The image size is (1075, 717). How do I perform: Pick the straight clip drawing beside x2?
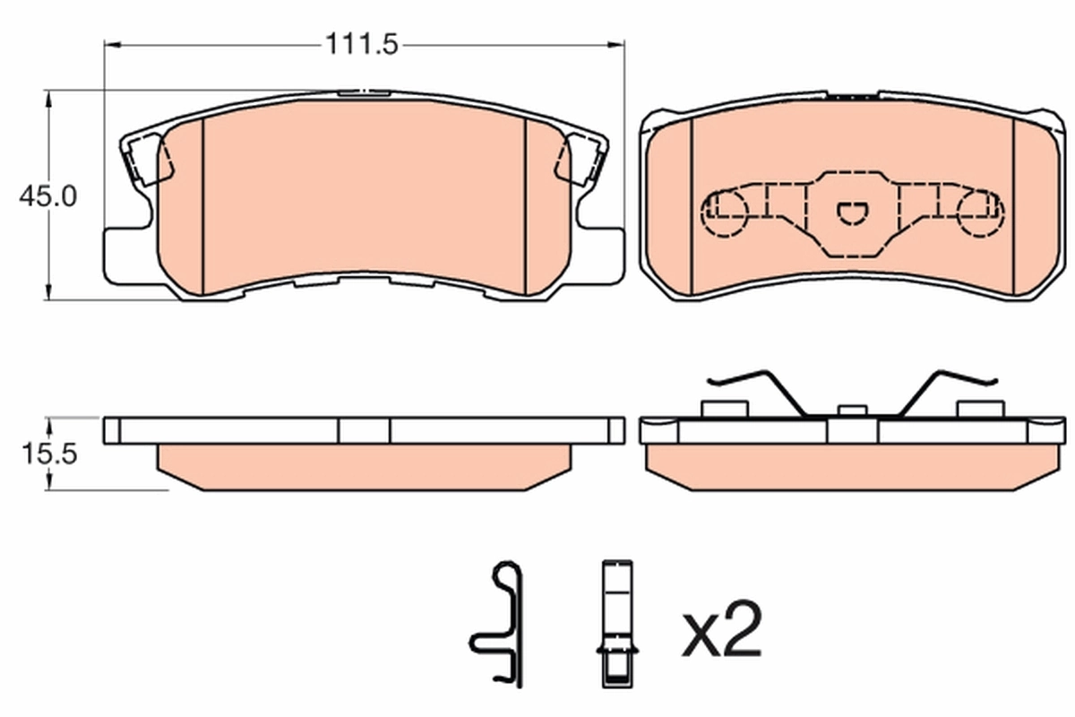tap(617, 627)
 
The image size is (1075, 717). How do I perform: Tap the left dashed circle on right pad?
tap(726, 213)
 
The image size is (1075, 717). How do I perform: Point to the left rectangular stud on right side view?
tap(724, 409)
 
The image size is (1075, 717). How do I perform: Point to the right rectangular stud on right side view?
tap(981, 409)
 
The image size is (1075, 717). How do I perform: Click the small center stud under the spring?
tap(852, 410)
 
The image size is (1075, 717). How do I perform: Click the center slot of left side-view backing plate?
tap(364, 431)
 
